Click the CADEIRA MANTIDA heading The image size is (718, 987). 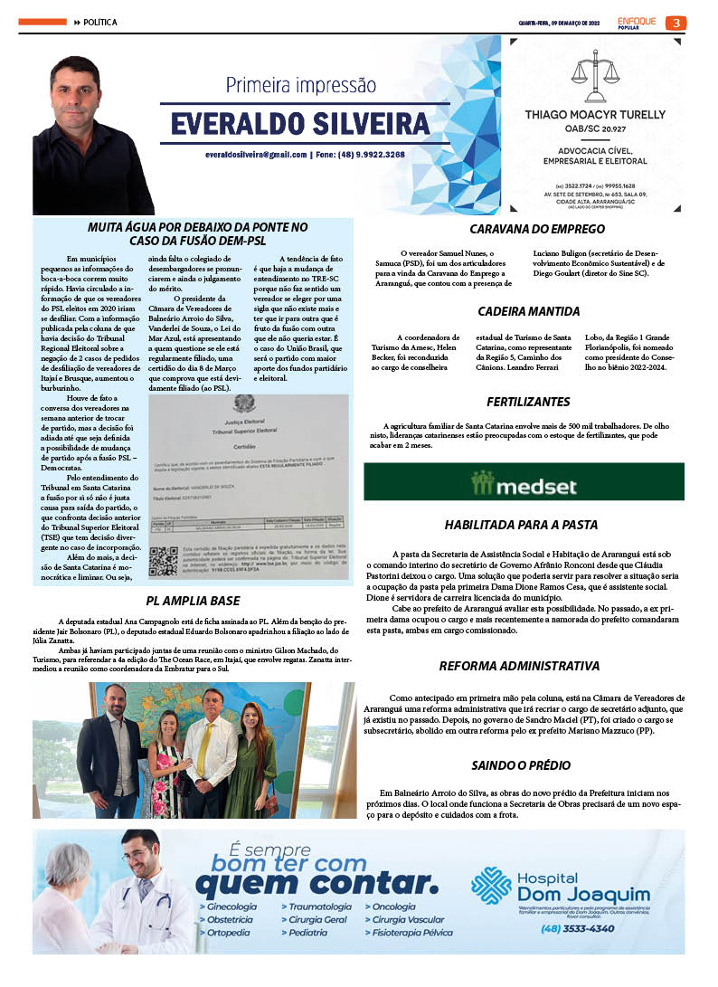pos(529,311)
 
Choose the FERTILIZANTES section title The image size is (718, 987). pos(528,400)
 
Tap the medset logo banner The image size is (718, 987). pos(524,482)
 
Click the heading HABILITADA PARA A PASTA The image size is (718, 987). pos(521,525)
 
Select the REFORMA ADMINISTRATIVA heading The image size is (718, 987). pos(519,666)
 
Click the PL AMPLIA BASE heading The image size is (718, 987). pos(193,600)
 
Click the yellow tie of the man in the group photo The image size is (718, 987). pos(204,742)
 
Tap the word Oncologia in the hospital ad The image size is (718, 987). pos(393,906)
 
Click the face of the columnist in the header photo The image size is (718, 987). pos(75,95)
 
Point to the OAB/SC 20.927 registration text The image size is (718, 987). pos(595,130)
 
